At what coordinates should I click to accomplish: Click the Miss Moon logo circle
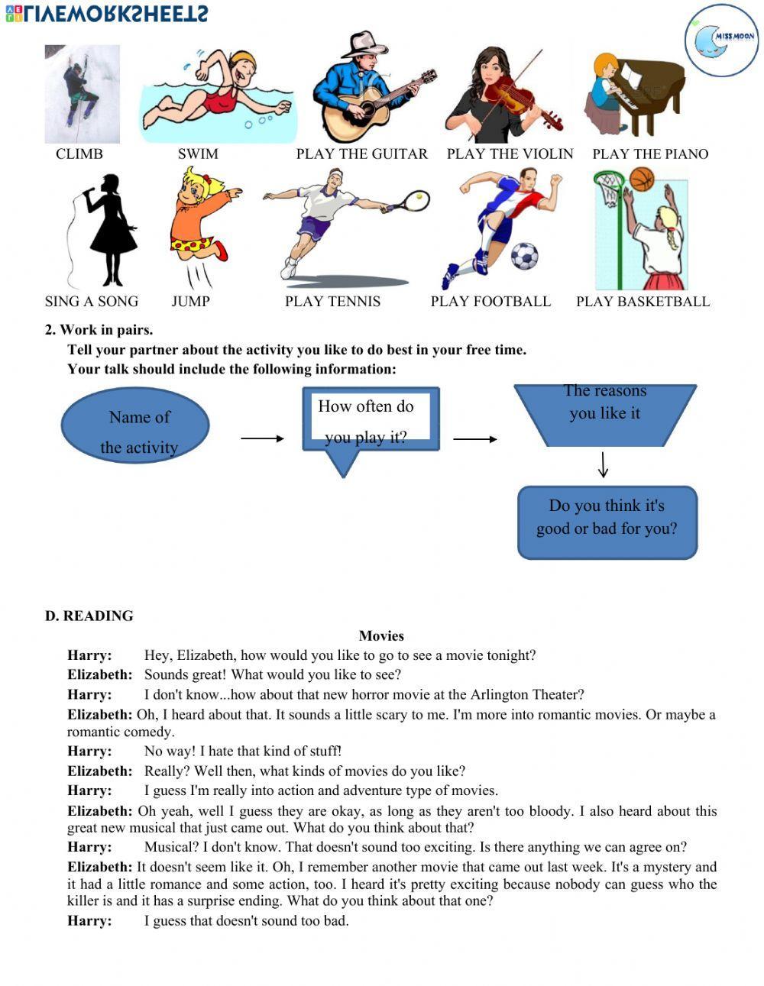click(x=721, y=40)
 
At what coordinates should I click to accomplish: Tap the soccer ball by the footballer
click(x=524, y=257)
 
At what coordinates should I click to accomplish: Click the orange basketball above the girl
click(x=643, y=179)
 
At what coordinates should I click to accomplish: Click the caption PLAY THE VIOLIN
click(x=510, y=154)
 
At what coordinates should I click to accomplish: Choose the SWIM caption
click(x=198, y=154)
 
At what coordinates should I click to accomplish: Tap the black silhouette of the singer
click(x=111, y=229)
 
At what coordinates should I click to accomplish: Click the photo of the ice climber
click(x=82, y=94)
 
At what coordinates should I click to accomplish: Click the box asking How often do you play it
click(x=371, y=420)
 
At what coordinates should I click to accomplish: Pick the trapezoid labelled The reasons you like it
click(x=605, y=413)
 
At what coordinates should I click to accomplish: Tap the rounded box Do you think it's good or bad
click(x=607, y=522)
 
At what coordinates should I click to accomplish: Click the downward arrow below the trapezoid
click(x=604, y=464)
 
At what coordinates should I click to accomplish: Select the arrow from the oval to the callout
click(x=262, y=438)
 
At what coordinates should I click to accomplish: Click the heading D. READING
click(x=89, y=616)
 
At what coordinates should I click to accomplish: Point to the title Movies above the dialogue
click(x=381, y=635)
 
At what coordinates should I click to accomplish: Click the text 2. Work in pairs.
click(x=99, y=330)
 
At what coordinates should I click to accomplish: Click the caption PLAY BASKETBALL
click(x=643, y=301)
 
